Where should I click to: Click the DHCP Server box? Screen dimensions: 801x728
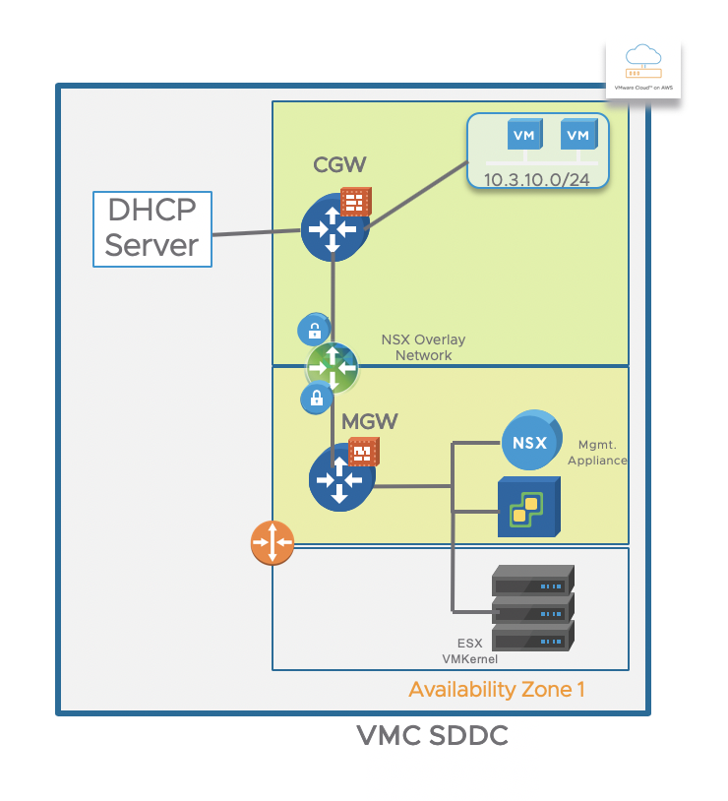(x=152, y=229)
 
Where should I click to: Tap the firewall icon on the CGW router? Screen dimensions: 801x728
(x=355, y=201)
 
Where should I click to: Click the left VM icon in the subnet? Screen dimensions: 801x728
(x=525, y=136)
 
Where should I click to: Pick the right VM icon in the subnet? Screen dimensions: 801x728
(x=578, y=136)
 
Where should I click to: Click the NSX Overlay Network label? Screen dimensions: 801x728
(x=423, y=347)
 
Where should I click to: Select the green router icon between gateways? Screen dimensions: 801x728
(x=332, y=366)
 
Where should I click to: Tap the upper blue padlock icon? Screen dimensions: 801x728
(x=314, y=330)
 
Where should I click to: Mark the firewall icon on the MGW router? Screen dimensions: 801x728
(x=364, y=452)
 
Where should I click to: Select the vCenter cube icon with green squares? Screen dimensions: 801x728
(x=528, y=507)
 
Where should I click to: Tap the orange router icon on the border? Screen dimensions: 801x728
(x=273, y=542)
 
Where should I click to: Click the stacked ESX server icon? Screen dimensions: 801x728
(x=532, y=607)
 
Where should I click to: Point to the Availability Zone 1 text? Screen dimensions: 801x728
(x=497, y=690)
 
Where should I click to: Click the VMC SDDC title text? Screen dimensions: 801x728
(x=432, y=736)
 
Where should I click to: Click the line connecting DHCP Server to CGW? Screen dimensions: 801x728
(x=256, y=233)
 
